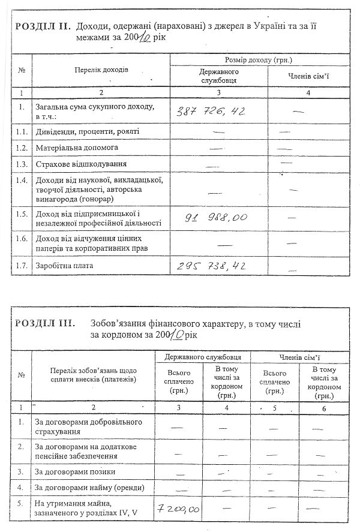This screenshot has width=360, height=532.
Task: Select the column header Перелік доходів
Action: tap(101, 71)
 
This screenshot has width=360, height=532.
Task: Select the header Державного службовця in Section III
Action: tap(203, 357)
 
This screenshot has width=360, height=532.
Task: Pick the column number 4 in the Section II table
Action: tap(308, 93)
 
